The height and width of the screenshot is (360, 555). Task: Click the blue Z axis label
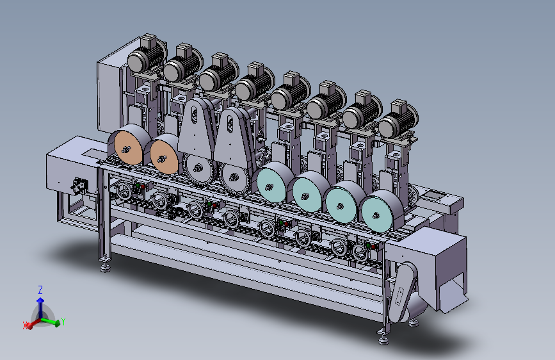pyautogui.click(x=40, y=290)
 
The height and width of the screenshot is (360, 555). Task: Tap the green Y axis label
pyautogui.click(x=63, y=322)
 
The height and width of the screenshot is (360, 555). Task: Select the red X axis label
pyautogui.click(x=25, y=325)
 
